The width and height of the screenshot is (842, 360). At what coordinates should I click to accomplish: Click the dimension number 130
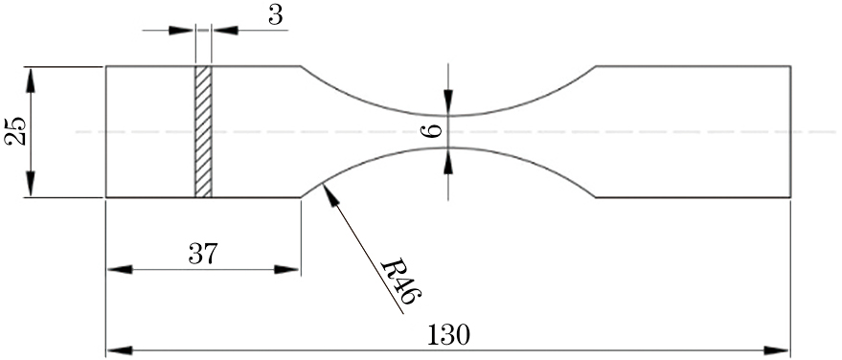(x=448, y=335)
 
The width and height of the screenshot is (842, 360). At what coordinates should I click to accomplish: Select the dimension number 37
(x=203, y=254)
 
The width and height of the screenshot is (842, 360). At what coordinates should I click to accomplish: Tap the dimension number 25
(x=15, y=131)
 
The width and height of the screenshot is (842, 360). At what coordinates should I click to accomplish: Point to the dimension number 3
(x=276, y=16)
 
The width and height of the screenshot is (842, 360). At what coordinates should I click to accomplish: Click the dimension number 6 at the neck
(x=432, y=131)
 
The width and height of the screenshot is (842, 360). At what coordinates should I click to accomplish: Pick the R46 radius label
(x=401, y=282)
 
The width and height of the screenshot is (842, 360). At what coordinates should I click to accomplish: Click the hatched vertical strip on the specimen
(x=203, y=132)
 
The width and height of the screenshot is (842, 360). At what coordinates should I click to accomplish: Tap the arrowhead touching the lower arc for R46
(x=330, y=194)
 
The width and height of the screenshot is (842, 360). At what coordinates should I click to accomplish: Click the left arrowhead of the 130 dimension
(x=120, y=350)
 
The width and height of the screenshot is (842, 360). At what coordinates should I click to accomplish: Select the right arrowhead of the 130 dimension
(x=777, y=350)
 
